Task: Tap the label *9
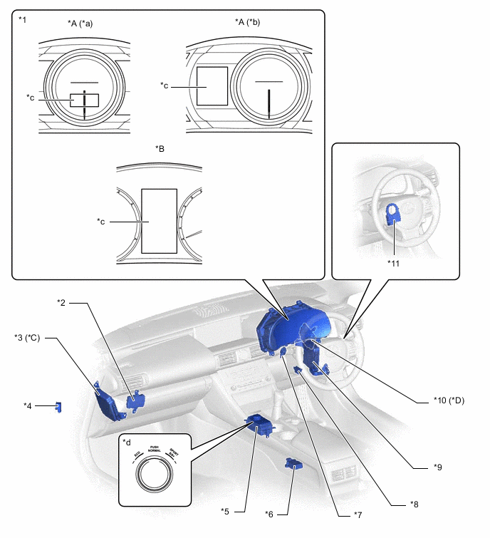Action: pyautogui.click(x=438, y=467)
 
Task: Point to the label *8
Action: pyautogui.click(x=414, y=503)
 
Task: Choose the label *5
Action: pyautogui.click(x=226, y=511)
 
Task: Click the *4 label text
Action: pyautogui.click(x=28, y=405)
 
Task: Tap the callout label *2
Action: pyautogui.click(x=61, y=302)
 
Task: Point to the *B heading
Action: pyautogui.click(x=160, y=148)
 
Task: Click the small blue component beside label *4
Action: pyautogui.click(x=58, y=407)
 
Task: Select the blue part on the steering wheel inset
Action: pyautogui.click(x=393, y=213)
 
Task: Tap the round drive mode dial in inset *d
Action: pyautogui.click(x=155, y=472)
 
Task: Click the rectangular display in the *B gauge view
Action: pyautogui.click(x=159, y=221)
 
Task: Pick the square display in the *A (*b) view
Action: pyautogui.click(x=212, y=86)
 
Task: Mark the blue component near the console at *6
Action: pyautogui.click(x=293, y=465)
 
